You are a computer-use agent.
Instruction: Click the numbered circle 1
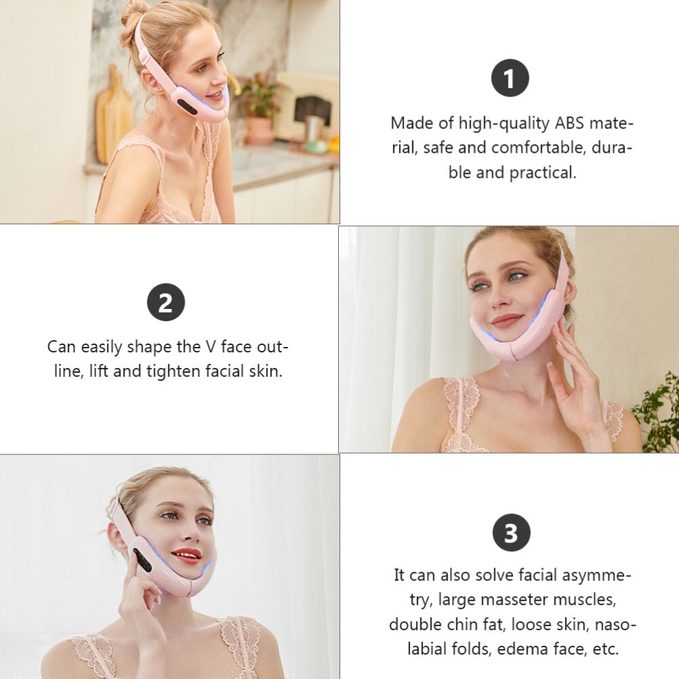pyautogui.click(x=509, y=79)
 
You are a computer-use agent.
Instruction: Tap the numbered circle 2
pyautogui.click(x=166, y=303)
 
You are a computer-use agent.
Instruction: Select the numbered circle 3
pyautogui.click(x=510, y=533)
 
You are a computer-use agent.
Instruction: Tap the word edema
pyautogui.click(x=521, y=648)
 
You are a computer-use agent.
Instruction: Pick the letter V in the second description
pyautogui.click(x=212, y=346)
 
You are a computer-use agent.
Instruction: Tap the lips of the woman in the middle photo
pyautogui.click(x=507, y=320)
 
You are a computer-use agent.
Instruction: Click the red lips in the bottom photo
pyautogui.click(x=187, y=555)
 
